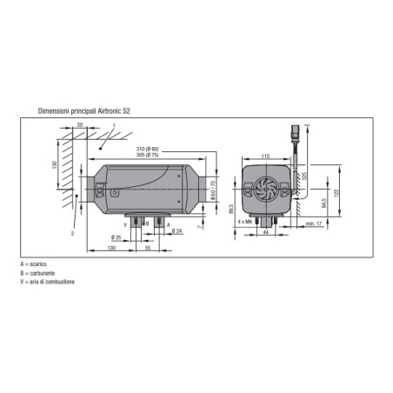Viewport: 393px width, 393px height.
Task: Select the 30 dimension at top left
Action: pos(80,127)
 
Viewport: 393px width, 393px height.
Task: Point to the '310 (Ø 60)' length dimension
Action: pos(146,150)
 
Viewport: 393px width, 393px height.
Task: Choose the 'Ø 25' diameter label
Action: pos(118,236)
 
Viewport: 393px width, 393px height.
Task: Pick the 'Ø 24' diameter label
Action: pos(177,230)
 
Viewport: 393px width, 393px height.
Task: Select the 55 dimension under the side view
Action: pos(147,249)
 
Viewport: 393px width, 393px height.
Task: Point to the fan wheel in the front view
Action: pos(267,189)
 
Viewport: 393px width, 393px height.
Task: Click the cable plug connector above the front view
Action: pos(296,134)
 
